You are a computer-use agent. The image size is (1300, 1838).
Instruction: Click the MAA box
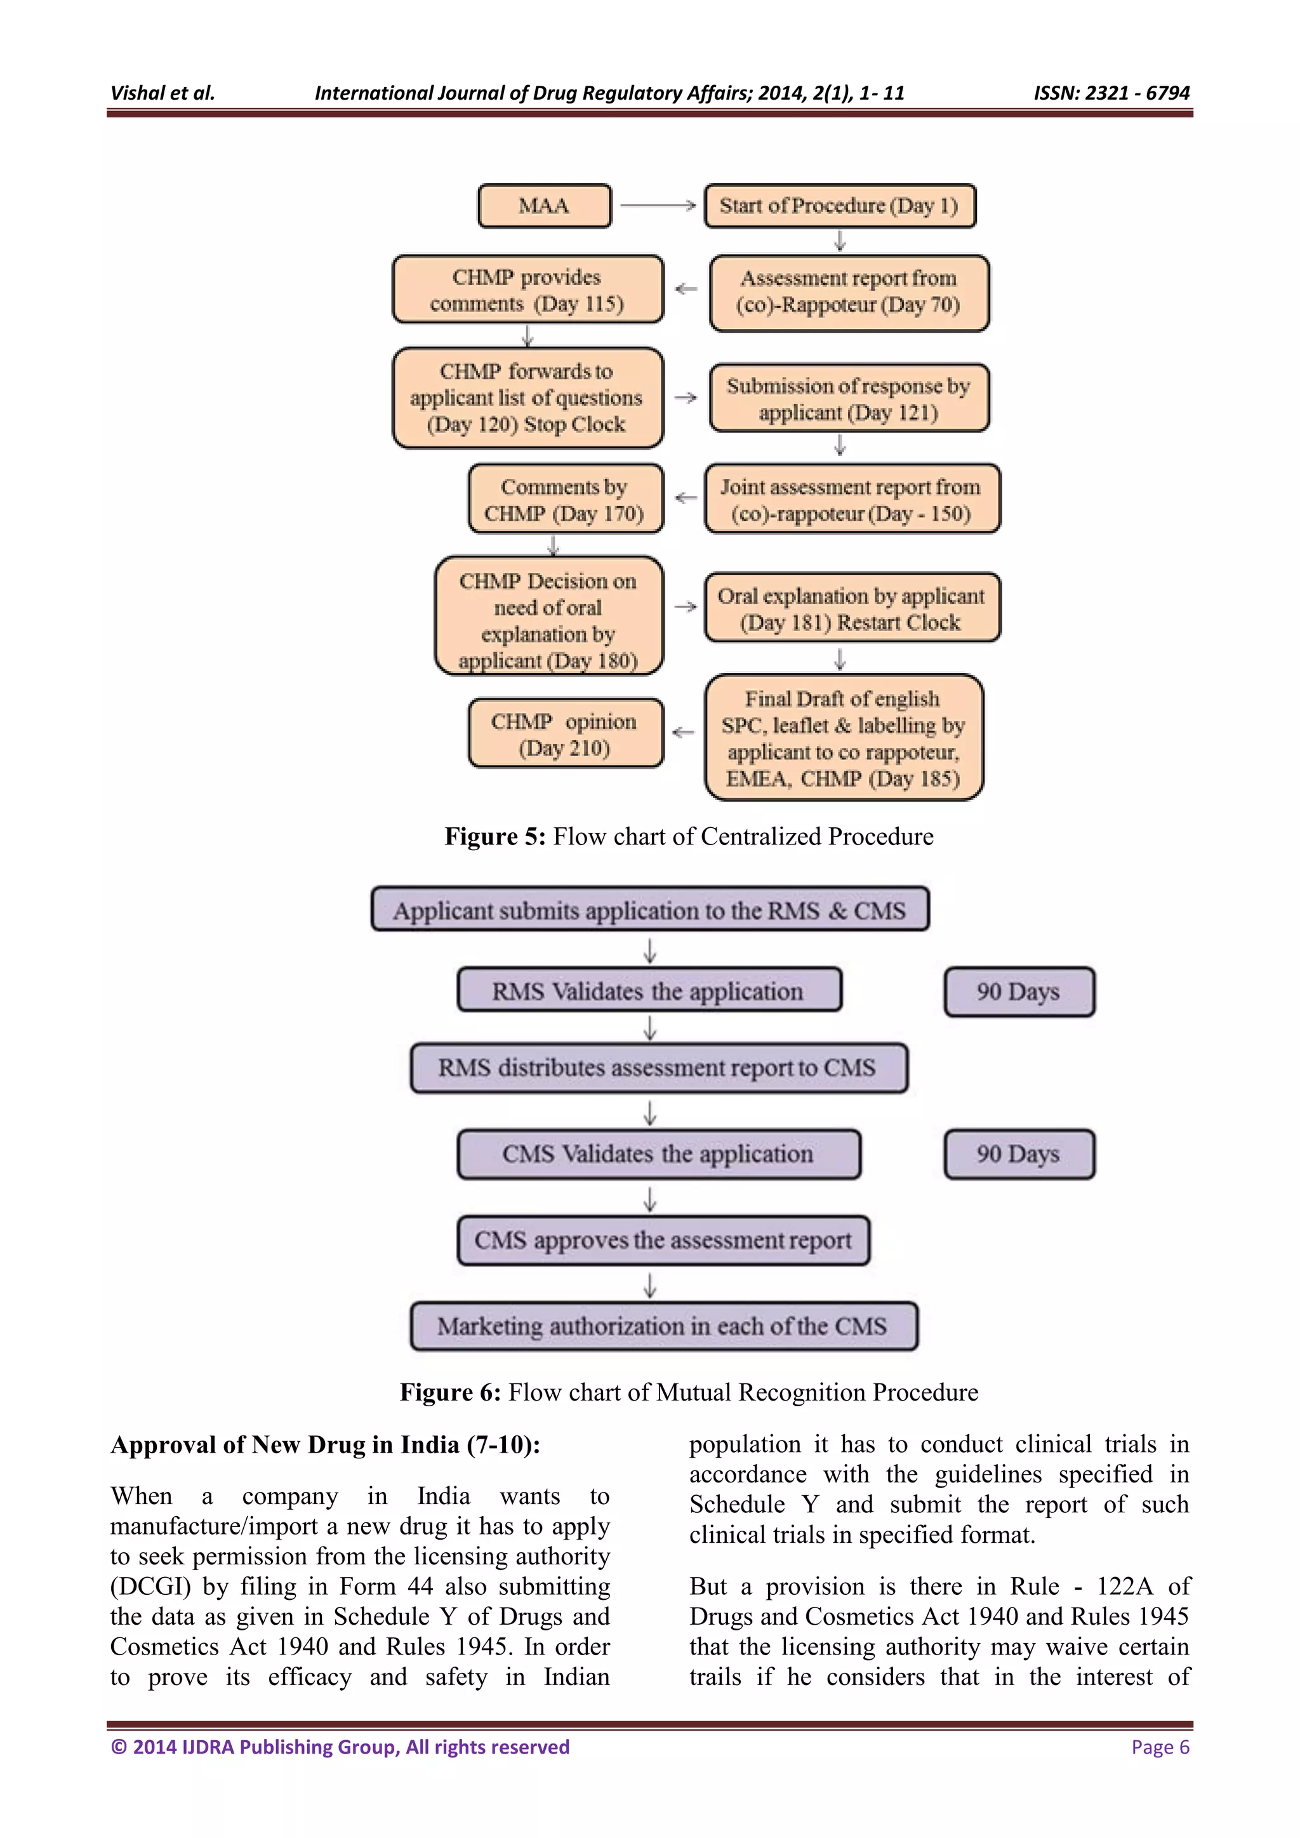click(545, 206)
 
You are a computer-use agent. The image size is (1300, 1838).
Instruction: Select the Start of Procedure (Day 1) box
click(840, 206)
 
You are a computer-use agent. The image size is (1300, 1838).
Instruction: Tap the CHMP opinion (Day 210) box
click(565, 733)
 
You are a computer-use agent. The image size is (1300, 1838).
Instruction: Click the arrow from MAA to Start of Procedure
click(658, 206)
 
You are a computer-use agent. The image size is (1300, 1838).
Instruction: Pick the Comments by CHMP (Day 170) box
click(565, 499)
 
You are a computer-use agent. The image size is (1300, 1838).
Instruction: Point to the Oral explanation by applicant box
click(852, 608)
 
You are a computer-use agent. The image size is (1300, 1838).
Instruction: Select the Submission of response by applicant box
click(849, 398)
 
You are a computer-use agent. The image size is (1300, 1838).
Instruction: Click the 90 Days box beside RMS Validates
click(1018, 992)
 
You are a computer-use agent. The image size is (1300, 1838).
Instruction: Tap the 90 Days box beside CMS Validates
click(1018, 1154)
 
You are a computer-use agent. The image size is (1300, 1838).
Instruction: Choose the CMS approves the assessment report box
click(663, 1240)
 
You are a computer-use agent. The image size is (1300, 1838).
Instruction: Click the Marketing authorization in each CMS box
click(663, 1326)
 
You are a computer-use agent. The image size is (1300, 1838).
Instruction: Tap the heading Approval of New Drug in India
click(325, 1445)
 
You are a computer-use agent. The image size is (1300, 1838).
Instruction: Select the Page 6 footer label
click(1160, 1747)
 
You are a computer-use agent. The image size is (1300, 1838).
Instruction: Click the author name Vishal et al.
click(162, 93)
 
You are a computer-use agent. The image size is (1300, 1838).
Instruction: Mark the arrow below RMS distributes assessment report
click(650, 1112)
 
